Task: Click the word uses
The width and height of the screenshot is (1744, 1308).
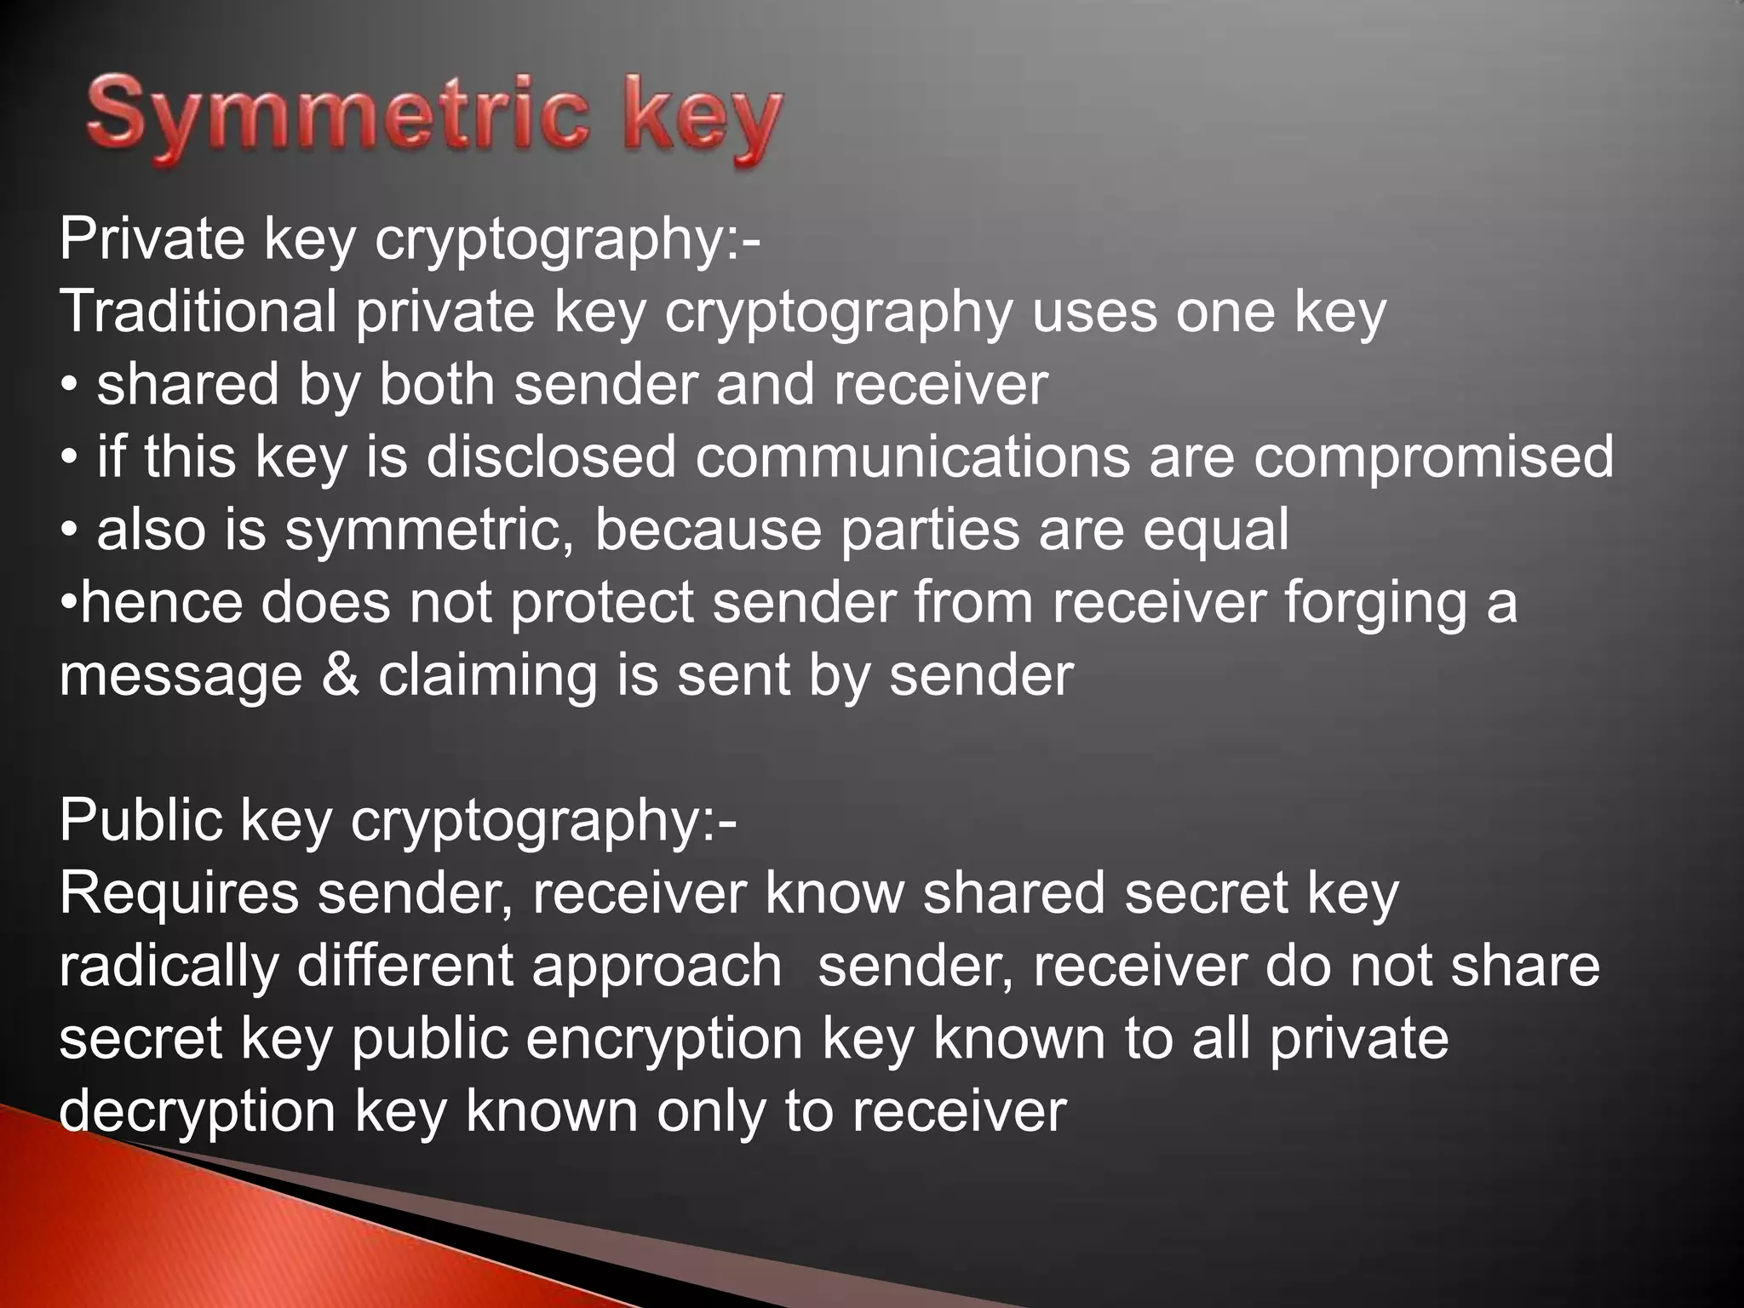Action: click(x=1093, y=312)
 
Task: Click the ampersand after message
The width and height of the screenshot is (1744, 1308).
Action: click(x=341, y=675)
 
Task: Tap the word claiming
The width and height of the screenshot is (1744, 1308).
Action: click(x=489, y=676)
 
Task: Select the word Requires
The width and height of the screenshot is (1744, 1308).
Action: click(x=179, y=893)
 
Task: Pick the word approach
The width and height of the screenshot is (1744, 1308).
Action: click(x=657, y=967)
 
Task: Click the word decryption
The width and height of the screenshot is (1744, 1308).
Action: click(x=198, y=1112)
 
